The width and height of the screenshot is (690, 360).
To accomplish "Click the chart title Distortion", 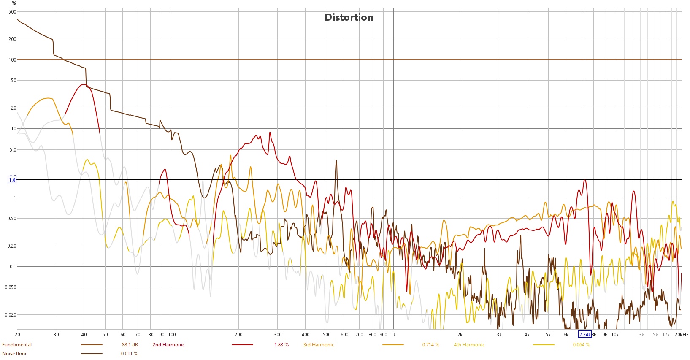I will (349, 17).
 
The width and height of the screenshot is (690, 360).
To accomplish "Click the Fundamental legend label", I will (17, 345).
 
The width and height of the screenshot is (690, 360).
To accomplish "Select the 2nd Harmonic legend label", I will (168, 345).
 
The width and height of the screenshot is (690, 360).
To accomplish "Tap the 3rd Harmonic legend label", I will (319, 345).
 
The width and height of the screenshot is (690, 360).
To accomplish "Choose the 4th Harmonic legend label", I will (469, 345).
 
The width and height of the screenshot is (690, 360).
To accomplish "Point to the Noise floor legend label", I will (14, 354).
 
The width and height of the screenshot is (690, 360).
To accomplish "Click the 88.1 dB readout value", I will (130, 345).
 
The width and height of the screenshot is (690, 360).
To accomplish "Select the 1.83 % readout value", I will (281, 345).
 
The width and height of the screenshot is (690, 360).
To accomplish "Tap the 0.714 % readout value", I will (430, 345).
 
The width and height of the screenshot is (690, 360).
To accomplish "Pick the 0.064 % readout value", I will (581, 345).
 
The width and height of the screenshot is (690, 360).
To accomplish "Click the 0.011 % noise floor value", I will (130, 354).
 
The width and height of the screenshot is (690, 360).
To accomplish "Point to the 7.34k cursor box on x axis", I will (584, 335).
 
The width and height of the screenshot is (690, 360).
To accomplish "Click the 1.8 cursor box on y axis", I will (12, 180).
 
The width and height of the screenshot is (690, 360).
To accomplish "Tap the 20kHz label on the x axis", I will (681, 335).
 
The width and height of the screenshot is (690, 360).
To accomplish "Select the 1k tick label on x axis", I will (393, 335).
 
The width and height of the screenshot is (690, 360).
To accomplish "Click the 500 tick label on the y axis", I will (12, 12).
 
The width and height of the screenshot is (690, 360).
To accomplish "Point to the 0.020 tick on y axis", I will (11, 315).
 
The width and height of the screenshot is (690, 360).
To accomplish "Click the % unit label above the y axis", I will (14, 3).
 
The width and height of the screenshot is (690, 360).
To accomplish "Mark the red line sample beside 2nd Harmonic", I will (242, 345).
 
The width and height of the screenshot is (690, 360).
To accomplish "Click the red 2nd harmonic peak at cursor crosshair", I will (585, 180).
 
